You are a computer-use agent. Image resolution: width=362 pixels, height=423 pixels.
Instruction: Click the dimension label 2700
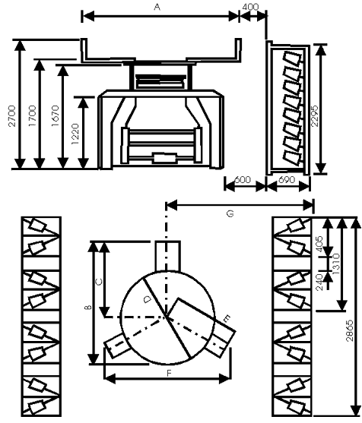coord(12,116)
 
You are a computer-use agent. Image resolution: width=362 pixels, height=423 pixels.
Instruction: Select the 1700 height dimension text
coord(33,116)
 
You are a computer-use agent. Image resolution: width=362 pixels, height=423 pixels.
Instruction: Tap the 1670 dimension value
coord(56,116)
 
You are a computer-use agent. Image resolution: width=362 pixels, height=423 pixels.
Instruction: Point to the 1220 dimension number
coord(75,134)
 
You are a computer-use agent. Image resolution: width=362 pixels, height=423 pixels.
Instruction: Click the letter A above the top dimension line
coord(157,7)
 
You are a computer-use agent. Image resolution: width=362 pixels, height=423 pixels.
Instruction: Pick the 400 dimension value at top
coord(250,7)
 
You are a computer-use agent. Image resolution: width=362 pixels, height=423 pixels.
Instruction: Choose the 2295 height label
coord(315,116)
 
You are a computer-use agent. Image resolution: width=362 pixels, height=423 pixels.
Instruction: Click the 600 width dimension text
coord(243,180)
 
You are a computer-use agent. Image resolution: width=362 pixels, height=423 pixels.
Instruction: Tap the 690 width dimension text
coord(287,180)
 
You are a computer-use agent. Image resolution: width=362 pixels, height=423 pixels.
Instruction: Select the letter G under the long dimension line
coord(230,213)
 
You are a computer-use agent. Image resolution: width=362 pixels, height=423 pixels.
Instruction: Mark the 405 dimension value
coord(319,244)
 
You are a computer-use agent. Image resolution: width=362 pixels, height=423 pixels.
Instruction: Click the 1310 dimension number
coord(336,264)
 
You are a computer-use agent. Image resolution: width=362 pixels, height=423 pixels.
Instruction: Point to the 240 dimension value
coord(319,282)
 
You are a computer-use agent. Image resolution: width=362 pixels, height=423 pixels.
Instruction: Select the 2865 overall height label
coord(350,331)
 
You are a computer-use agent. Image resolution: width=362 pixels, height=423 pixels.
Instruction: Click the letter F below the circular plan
coord(169,373)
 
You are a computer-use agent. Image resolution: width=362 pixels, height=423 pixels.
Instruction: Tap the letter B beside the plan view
coord(88,307)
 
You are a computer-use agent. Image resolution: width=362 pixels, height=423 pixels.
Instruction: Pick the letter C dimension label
coord(100,283)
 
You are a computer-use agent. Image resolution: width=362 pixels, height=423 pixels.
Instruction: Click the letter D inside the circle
coord(148,299)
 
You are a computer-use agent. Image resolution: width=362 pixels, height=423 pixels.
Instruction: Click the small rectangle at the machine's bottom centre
coord(165,158)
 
